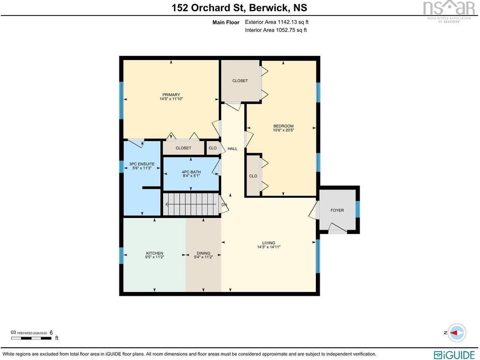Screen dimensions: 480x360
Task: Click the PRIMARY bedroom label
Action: [171, 95]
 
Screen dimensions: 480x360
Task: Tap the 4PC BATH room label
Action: [191, 172]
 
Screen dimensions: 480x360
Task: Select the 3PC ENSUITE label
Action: [142, 164]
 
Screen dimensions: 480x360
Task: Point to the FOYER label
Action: [337, 210]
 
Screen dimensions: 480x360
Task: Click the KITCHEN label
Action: [155, 253]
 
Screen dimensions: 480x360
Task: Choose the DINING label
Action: [203, 253]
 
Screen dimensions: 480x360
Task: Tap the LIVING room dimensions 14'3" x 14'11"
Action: [269, 247]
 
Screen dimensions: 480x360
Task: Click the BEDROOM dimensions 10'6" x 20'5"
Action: [284, 130]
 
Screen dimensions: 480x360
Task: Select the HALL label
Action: [232, 149]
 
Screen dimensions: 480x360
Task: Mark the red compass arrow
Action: [456, 333]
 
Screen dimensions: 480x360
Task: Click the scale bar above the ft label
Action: [31, 338]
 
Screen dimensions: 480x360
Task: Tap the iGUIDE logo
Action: [454, 354]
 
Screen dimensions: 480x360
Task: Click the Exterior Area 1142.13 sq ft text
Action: [277, 22]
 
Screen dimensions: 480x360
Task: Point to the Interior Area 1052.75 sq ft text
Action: [276, 30]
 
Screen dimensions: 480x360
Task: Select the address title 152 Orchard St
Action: [208, 7]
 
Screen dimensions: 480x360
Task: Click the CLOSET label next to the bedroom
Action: [240, 81]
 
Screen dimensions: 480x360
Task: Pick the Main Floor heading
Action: [226, 22]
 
